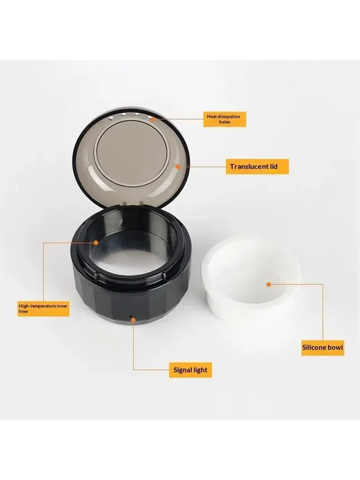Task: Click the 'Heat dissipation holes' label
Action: point(225,119)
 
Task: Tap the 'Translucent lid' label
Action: point(257,167)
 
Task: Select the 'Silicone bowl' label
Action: point(322,347)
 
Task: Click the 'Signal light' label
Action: point(190,370)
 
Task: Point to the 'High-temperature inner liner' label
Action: point(43,308)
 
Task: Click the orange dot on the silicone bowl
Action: point(269,285)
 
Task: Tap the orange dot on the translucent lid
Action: point(177,166)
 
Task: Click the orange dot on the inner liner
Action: point(96,243)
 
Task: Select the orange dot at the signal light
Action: point(133,320)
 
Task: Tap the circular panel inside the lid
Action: point(131,152)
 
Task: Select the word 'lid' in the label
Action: point(273,167)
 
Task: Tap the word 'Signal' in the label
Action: point(183,370)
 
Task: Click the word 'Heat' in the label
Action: point(212,117)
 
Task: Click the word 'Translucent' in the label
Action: point(249,167)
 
